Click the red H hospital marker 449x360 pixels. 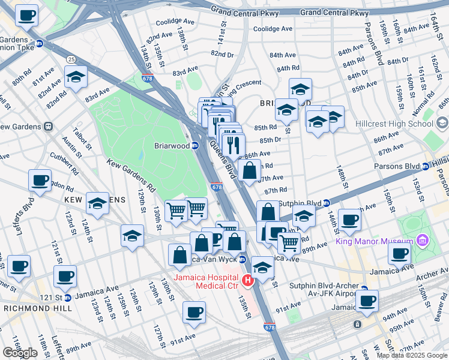pos(247,280)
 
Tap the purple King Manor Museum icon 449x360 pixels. pos(423,241)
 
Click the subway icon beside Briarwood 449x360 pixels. pos(195,146)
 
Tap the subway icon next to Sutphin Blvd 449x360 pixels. pos(327,203)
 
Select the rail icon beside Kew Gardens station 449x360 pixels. pos(47,127)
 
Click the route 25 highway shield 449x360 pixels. pos(71,59)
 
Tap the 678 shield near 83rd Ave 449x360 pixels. pos(147,78)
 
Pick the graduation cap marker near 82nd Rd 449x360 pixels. pos(76,77)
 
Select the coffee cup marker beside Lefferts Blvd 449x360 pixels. pos(40,181)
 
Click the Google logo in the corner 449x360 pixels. pos(20,353)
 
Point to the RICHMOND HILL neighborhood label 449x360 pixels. pos(37,308)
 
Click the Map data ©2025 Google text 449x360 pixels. pos(411,355)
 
